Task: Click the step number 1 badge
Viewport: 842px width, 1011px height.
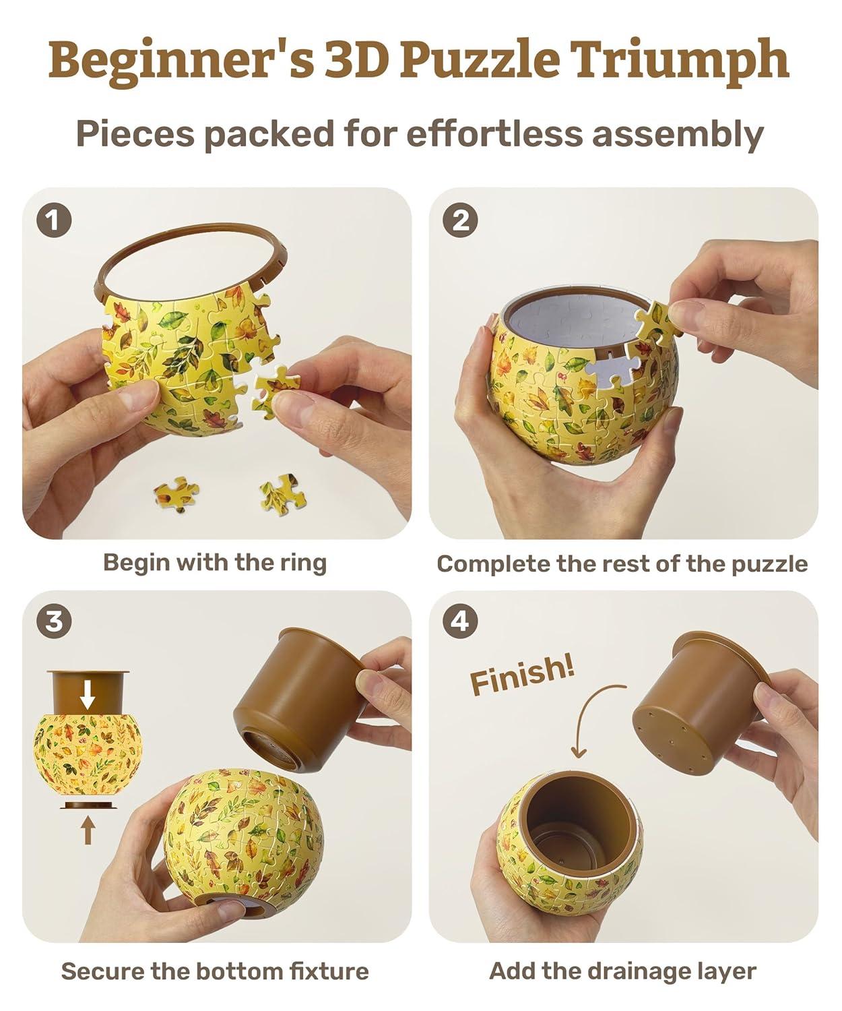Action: [x=54, y=220]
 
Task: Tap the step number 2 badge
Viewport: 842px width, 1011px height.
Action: [x=460, y=220]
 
